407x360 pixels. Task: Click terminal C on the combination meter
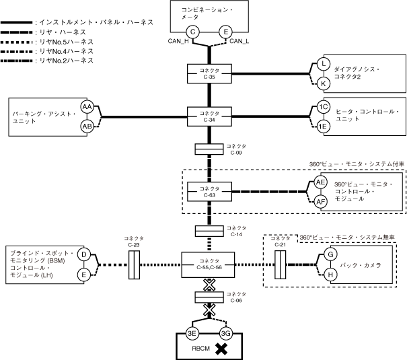pyautogui.click(x=193, y=31)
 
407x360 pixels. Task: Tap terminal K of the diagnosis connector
pyautogui.click(x=324, y=83)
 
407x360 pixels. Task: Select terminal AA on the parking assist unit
pyautogui.click(x=87, y=107)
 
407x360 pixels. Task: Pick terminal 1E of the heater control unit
pyautogui.click(x=324, y=125)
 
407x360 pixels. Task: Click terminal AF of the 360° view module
pyautogui.click(x=321, y=201)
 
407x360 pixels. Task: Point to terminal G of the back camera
pyautogui.click(x=330, y=255)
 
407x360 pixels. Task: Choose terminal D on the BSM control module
pyautogui.click(x=84, y=255)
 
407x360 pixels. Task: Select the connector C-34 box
pyautogui.click(x=209, y=116)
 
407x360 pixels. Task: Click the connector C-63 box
pyautogui.click(x=209, y=191)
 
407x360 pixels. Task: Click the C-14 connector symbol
pyautogui.click(x=209, y=231)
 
